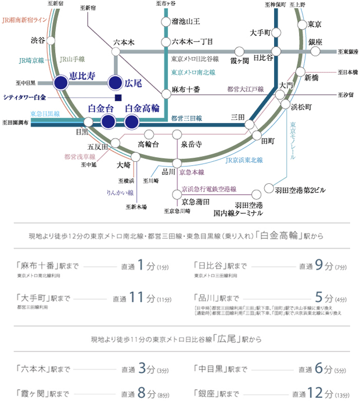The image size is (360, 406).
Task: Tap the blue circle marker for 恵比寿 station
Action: point(60,83)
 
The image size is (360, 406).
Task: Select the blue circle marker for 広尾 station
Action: point(116,83)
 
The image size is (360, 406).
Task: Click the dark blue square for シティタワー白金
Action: point(118,97)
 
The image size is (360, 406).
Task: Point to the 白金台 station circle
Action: point(107,121)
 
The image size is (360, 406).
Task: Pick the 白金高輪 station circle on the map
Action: point(132,121)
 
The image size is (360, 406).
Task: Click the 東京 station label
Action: point(315,24)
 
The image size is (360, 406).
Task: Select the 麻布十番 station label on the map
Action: point(186,90)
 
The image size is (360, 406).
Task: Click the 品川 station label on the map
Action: point(168,172)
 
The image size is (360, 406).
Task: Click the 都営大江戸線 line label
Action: point(245,89)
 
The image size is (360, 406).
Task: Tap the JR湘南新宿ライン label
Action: point(24,20)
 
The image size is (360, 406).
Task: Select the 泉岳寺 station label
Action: point(191,143)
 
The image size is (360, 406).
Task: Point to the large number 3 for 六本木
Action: point(143,369)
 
